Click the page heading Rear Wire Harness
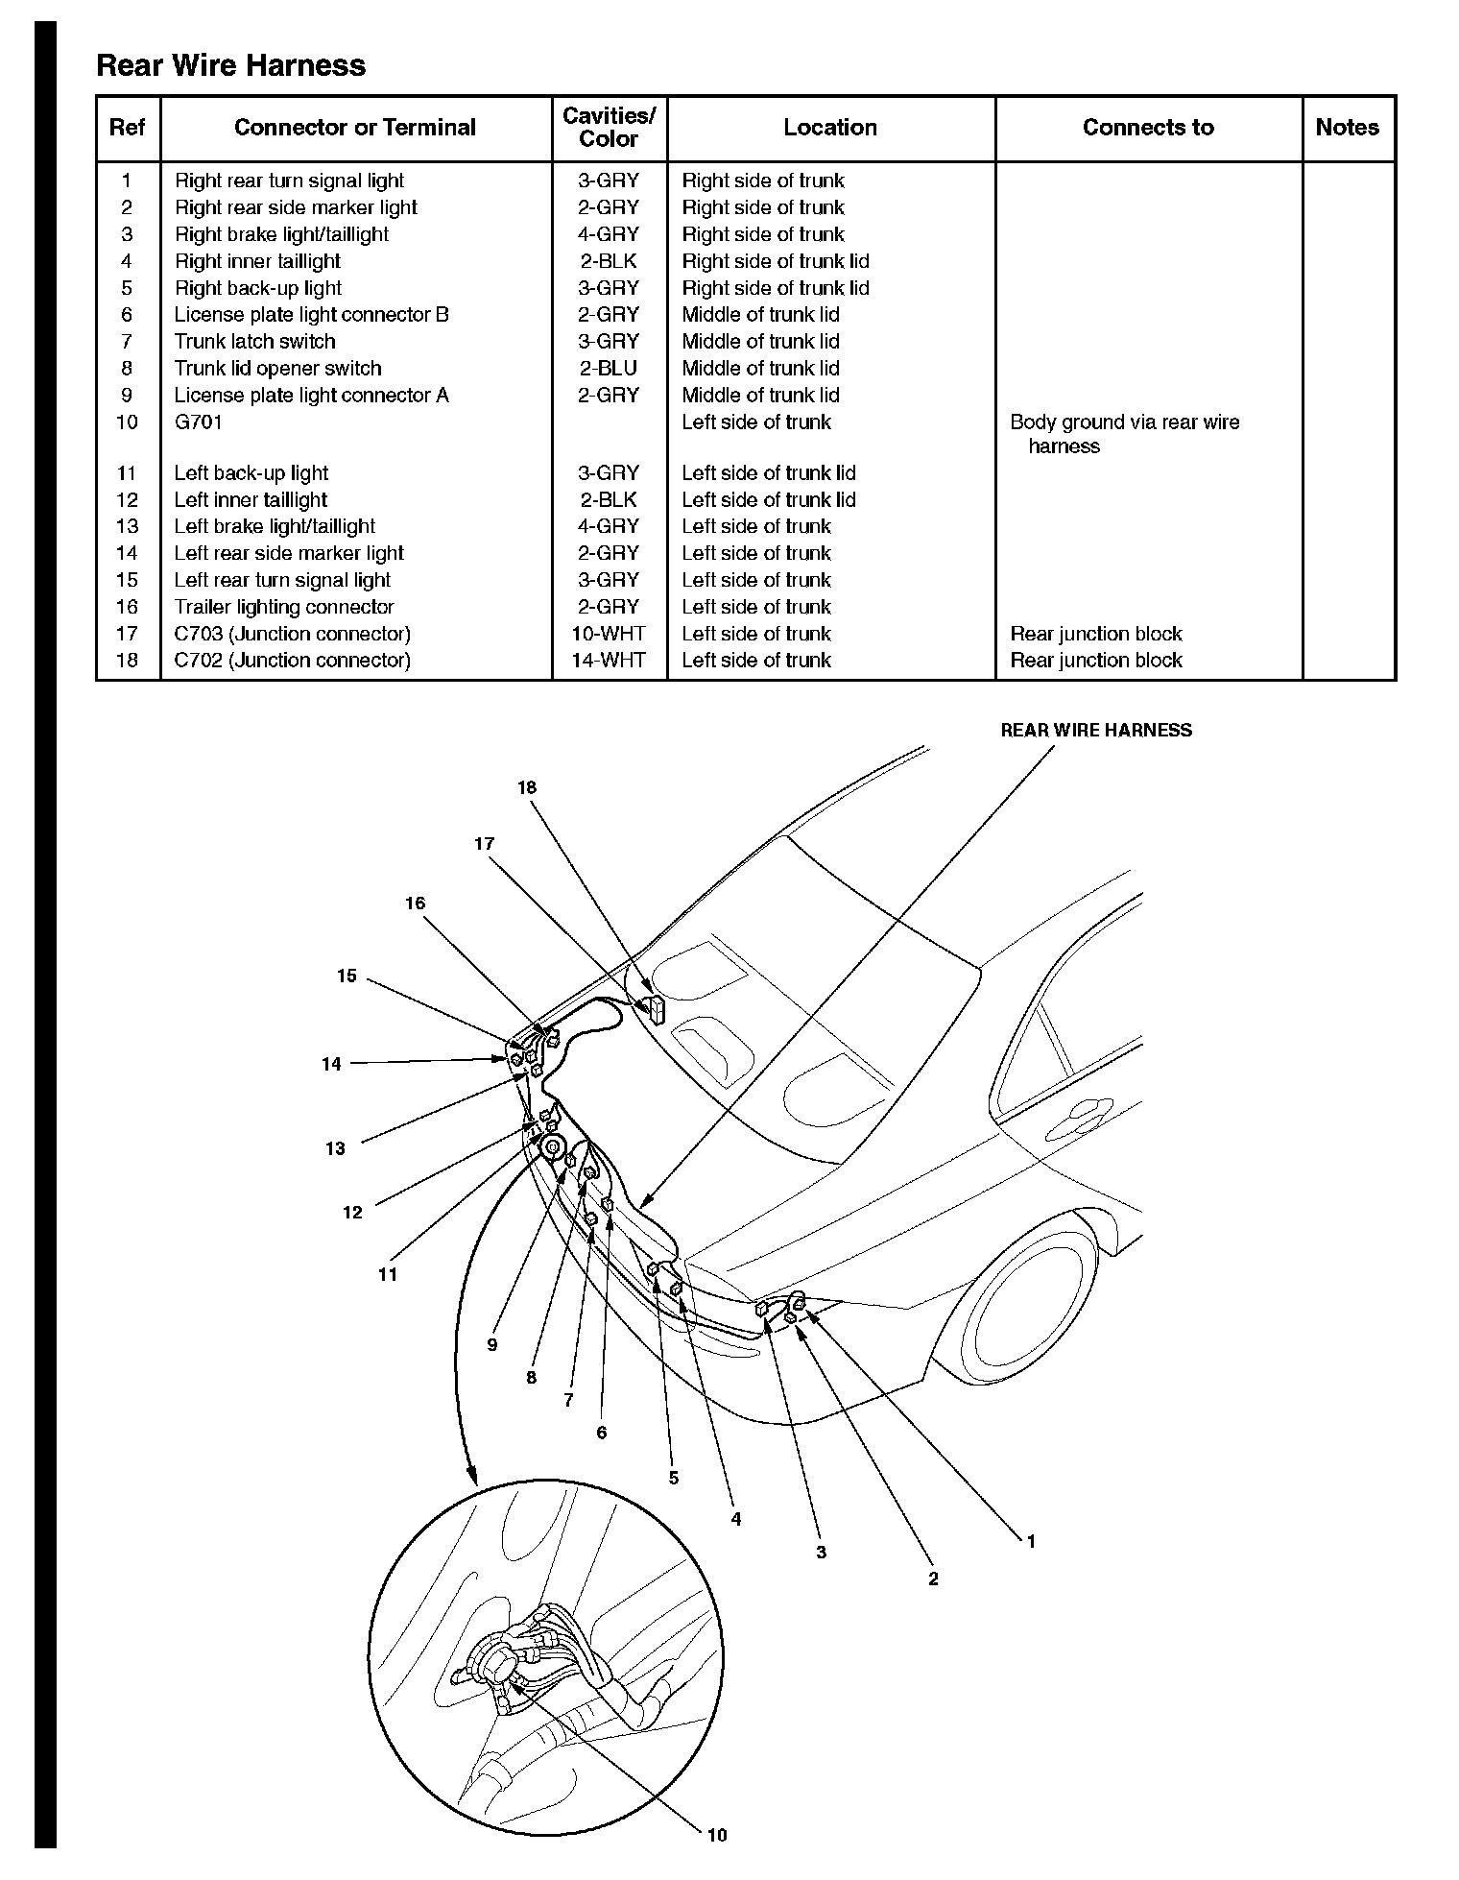pos(231,65)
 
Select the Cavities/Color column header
pos(609,128)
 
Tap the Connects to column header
pos(1148,128)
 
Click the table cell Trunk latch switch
pos(254,342)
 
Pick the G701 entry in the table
pos(198,422)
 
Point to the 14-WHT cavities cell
pos(609,661)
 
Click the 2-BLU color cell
pos(609,369)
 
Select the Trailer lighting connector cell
pos(284,607)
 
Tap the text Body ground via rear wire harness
pos(1124,434)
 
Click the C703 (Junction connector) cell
pos(292,634)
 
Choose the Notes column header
pos(1347,128)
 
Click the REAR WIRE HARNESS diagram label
pos(1096,731)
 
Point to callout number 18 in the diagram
pos(527,788)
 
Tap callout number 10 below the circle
pos(716,1835)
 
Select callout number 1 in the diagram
pos(1031,1542)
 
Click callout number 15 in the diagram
pos(347,976)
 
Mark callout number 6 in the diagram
pos(602,1434)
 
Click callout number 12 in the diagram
pos(352,1213)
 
